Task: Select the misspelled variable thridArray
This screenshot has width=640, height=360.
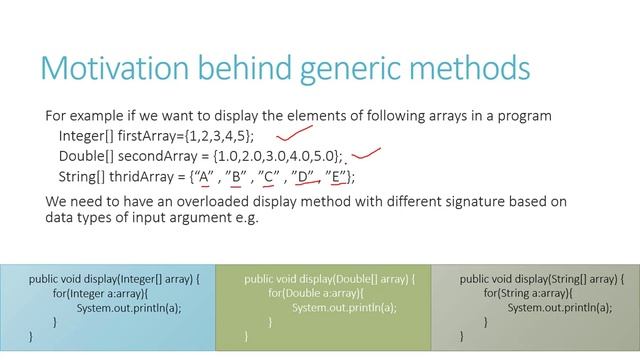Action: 140,177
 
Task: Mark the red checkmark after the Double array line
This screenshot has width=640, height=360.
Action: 367,154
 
